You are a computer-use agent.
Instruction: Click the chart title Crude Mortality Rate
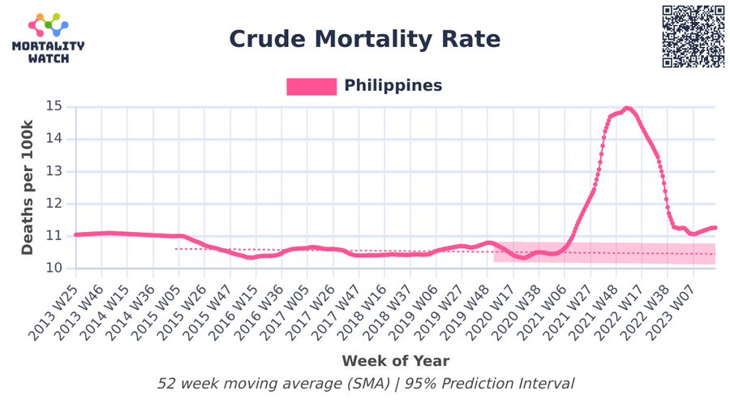coord(364,39)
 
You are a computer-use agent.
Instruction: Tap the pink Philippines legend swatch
coord(311,87)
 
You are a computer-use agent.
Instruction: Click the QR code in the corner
coord(693,37)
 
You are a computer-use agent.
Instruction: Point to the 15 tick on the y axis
coord(54,106)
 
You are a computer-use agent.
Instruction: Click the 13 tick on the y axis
coord(54,171)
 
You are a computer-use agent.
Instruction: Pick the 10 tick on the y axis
coord(54,268)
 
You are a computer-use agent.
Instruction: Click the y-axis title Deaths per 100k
coord(28,187)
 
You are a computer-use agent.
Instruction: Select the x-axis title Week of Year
coord(395,360)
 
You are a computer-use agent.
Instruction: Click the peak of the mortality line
coord(626,108)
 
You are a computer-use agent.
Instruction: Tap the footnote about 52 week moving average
coord(366,384)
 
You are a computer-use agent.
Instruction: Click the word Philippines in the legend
coord(393,86)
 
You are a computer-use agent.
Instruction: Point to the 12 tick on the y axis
coord(54,204)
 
